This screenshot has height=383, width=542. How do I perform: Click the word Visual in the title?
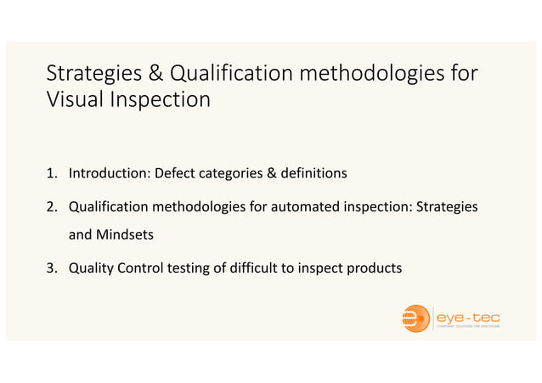pos(73,99)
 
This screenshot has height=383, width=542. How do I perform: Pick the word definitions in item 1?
pos(313,174)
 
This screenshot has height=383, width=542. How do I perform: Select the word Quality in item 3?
pos(91,268)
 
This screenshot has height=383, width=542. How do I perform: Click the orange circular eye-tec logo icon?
pos(416,318)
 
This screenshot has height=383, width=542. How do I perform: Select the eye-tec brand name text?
pos(467,315)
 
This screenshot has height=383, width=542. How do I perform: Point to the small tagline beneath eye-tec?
pos(468,327)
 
